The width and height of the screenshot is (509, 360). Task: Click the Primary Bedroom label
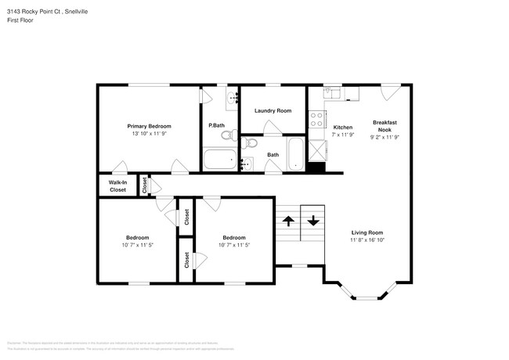(149, 126)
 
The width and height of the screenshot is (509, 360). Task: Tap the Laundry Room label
(273, 110)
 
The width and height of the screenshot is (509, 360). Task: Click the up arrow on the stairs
(287, 221)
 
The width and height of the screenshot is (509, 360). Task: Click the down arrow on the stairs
(313, 221)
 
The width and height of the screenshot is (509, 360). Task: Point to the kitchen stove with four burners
(318, 120)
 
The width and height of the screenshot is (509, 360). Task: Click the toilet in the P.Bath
(226, 136)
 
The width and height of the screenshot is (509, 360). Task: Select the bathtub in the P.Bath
(218, 161)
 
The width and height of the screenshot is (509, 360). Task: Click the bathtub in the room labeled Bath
(295, 156)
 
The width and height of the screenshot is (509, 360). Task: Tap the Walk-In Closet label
(117, 186)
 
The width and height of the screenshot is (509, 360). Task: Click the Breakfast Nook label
(384, 126)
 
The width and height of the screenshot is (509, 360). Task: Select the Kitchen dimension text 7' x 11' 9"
(343, 135)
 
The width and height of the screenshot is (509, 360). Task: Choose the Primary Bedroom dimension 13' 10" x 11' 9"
(149, 135)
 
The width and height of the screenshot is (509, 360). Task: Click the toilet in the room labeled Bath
(249, 143)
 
